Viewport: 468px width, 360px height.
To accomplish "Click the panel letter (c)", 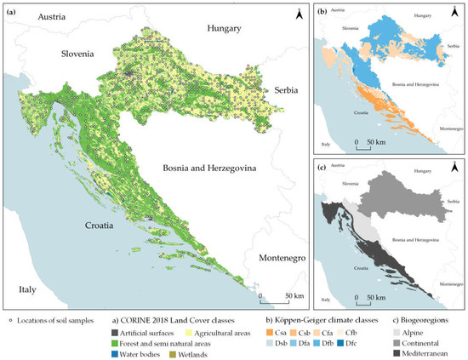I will pos(323,170).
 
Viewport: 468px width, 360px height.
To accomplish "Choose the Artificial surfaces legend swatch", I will pos(116,334).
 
